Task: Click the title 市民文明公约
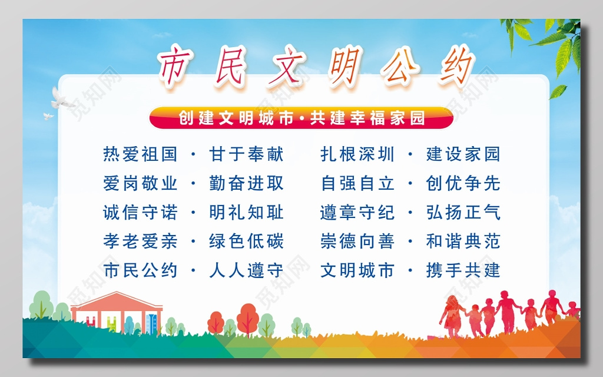coord(316,66)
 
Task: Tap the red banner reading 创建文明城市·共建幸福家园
coord(301,118)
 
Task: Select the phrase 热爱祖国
coord(140,154)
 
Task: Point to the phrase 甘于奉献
coord(246,154)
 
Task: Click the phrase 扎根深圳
coord(357,154)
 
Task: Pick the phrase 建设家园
coord(463,154)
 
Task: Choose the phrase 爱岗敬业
coord(140,183)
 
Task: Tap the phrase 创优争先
coord(463,183)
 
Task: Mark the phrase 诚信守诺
coord(140,212)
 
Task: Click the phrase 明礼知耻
coord(246,212)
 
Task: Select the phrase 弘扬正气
coord(463,212)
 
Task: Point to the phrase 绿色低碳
coord(246,241)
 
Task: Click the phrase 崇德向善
coord(357,241)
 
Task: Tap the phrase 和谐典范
coord(463,241)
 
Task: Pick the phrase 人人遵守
coord(246,270)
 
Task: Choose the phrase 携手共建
coord(463,270)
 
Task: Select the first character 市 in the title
coord(177,66)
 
